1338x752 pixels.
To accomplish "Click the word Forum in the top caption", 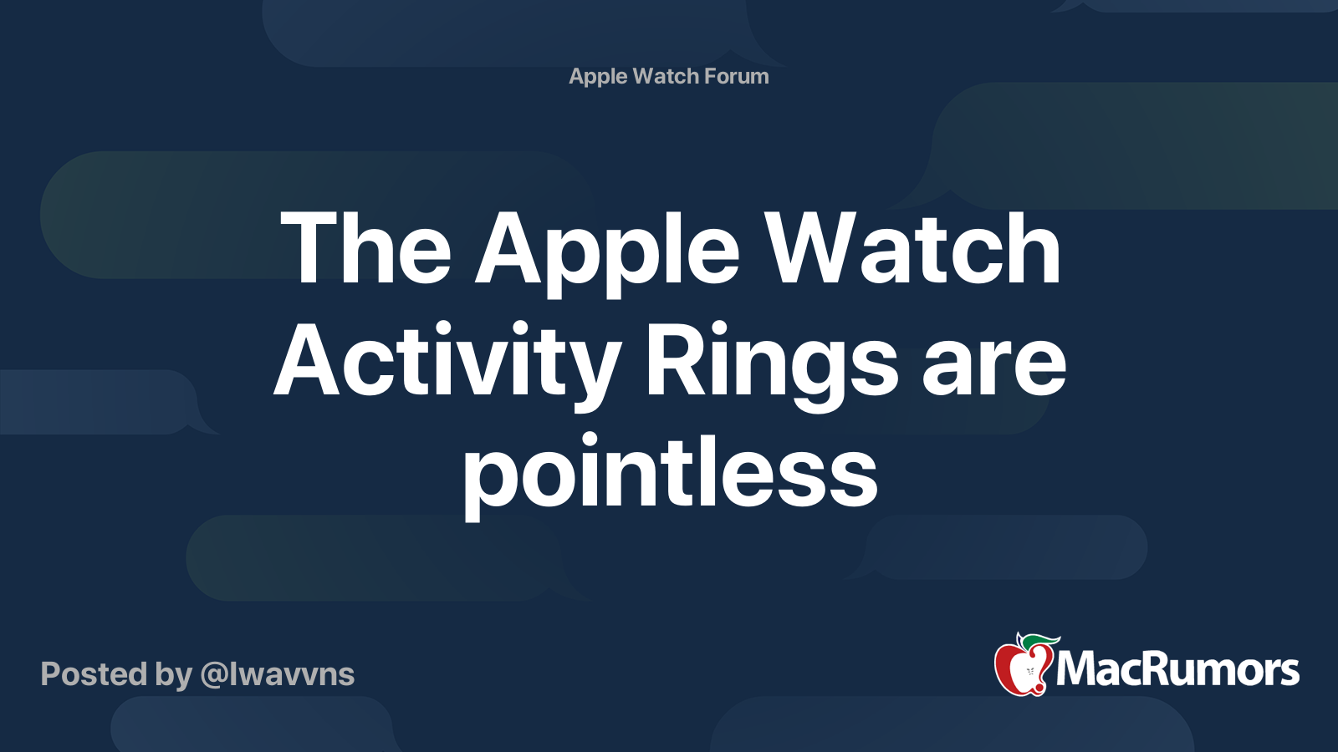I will point(736,76).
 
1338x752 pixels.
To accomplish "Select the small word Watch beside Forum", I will point(666,76).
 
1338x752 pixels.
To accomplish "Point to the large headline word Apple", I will point(608,251).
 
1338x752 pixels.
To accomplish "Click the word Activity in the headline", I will point(446,363).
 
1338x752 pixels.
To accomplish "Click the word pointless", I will point(670,474).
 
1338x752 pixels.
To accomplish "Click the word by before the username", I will point(173,675).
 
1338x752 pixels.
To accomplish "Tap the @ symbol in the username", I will point(213,675).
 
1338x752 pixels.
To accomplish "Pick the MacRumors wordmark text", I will point(1177,669).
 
